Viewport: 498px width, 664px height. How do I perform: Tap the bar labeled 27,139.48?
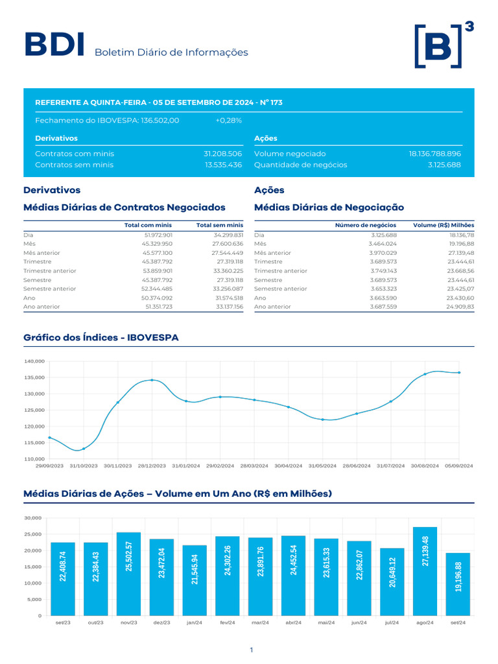425,571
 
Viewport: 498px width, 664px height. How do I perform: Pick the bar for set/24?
458,584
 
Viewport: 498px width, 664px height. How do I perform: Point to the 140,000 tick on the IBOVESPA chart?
34,361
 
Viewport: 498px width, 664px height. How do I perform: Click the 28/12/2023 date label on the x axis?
152,466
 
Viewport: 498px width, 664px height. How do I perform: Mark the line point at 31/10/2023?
84,449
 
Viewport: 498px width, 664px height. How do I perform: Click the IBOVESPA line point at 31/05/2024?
323,420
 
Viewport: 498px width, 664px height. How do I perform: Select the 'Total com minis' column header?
148,225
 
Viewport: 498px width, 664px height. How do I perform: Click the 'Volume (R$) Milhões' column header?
444,225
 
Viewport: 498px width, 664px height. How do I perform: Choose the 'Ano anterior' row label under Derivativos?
41,306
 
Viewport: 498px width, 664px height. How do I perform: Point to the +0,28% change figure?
228,121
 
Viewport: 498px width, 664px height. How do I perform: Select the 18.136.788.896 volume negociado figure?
434,154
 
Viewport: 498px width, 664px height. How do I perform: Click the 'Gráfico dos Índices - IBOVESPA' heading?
101,338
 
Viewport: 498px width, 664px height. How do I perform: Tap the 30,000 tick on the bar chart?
32,518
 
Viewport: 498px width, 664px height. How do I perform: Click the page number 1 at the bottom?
251,650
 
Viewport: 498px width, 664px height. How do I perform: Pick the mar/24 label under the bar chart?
260,622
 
